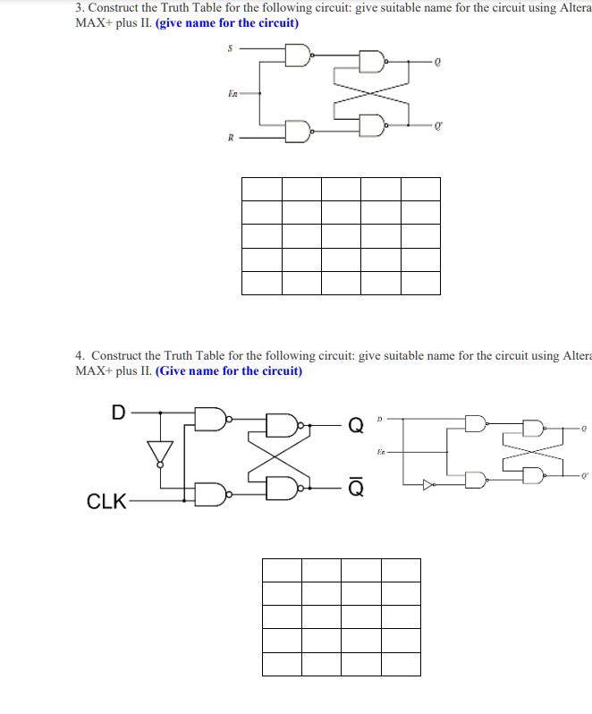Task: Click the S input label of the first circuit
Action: point(230,48)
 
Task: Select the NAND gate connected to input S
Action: point(298,56)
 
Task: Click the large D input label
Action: point(118,412)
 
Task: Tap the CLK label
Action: point(106,502)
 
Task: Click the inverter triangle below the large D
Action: point(161,453)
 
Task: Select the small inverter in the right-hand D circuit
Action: point(428,484)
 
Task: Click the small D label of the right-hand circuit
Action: point(379,418)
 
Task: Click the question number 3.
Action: point(79,8)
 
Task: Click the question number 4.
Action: point(80,355)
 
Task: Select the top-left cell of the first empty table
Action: point(261,189)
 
